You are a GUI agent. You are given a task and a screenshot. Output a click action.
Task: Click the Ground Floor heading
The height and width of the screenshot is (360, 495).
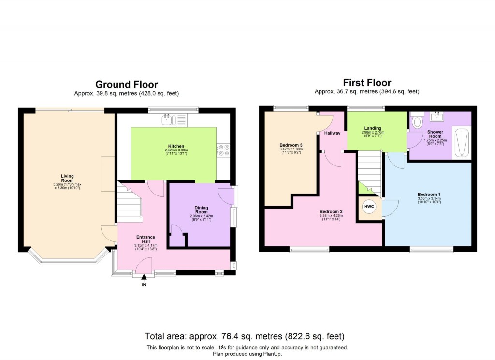(x=126, y=85)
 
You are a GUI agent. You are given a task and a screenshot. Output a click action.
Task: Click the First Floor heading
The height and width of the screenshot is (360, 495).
(x=367, y=83)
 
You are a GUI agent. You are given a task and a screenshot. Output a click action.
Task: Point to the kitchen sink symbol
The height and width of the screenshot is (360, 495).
(x=166, y=119)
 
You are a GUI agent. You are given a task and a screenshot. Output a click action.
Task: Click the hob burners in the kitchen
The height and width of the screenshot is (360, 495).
(x=224, y=150)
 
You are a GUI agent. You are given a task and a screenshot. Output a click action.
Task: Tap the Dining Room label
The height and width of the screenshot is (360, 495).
(x=202, y=210)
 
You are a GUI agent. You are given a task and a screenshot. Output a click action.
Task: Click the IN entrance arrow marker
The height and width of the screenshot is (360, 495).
(x=144, y=277)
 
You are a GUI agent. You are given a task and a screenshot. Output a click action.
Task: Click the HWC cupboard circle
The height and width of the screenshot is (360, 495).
(x=369, y=207)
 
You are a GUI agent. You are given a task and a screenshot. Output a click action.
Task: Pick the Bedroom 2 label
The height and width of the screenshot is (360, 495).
(x=331, y=212)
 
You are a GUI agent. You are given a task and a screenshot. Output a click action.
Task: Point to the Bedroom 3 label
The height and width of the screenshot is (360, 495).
(x=291, y=145)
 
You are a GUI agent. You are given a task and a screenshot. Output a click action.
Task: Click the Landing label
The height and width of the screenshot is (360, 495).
(x=373, y=129)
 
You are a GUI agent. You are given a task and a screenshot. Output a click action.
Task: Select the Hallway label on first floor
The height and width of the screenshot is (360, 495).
(x=332, y=133)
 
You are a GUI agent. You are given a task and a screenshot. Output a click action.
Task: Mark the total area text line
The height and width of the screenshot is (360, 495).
(x=245, y=336)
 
